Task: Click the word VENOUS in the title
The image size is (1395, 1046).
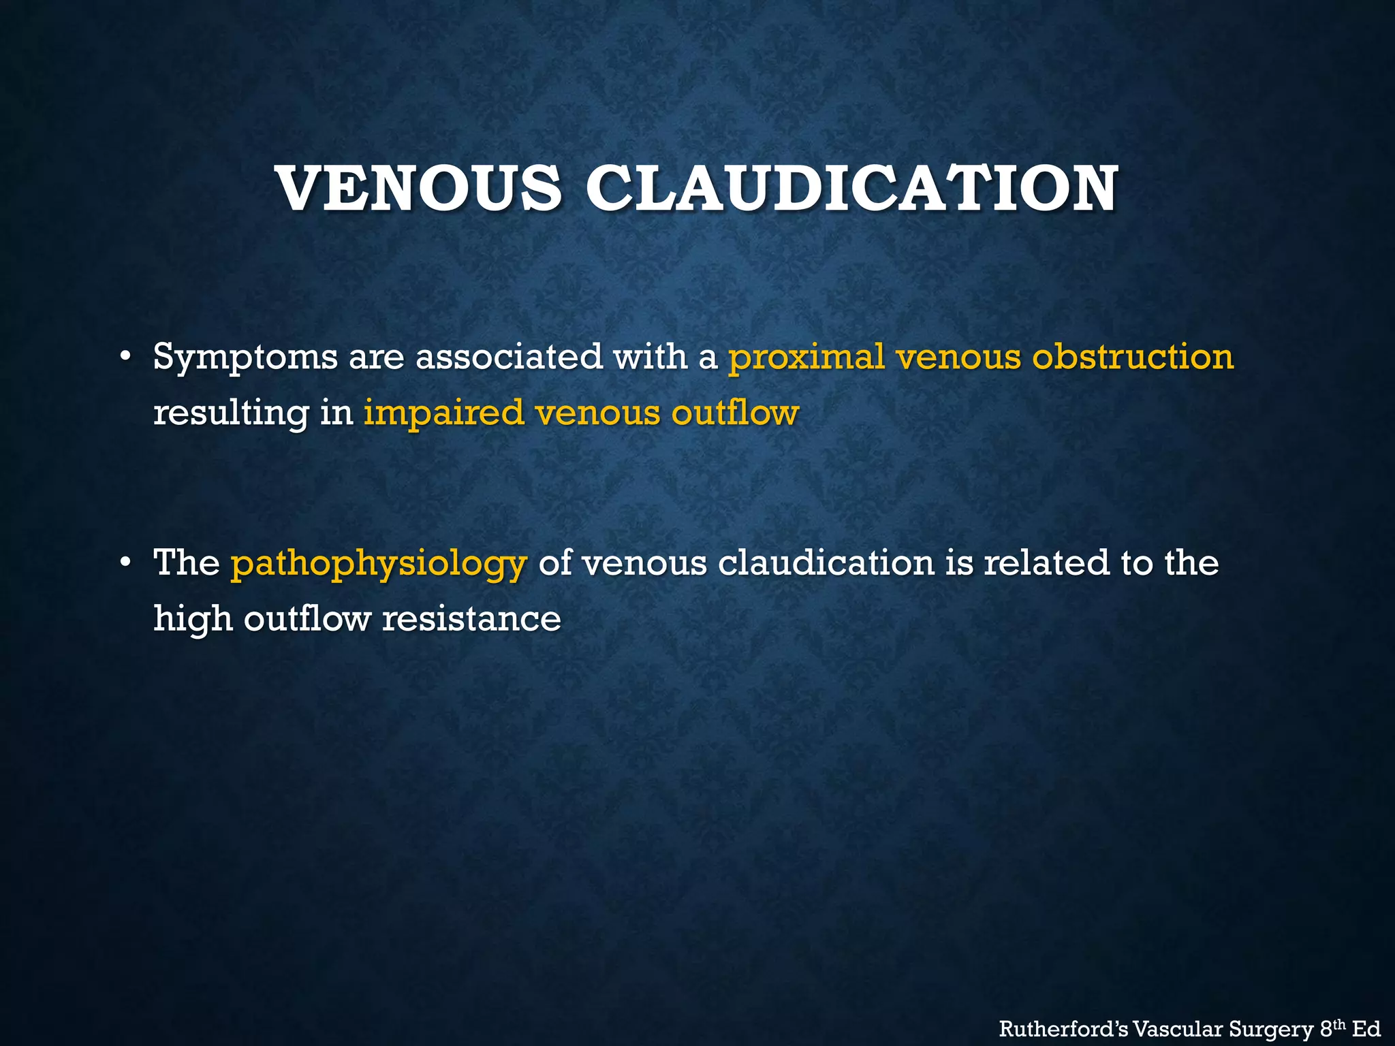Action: pyautogui.click(x=420, y=189)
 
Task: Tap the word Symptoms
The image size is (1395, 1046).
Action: pyautogui.click(x=245, y=357)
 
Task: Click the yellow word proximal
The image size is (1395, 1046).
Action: pyautogui.click(x=806, y=357)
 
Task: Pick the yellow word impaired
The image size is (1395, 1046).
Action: pyautogui.click(x=443, y=413)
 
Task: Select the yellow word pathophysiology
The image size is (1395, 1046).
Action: pyautogui.click(x=379, y=564)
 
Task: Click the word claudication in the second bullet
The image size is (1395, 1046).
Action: pyautogui.click(x=826, y=564)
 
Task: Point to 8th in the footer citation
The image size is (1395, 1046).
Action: pyautogui.click(x=1332, y=1028)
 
